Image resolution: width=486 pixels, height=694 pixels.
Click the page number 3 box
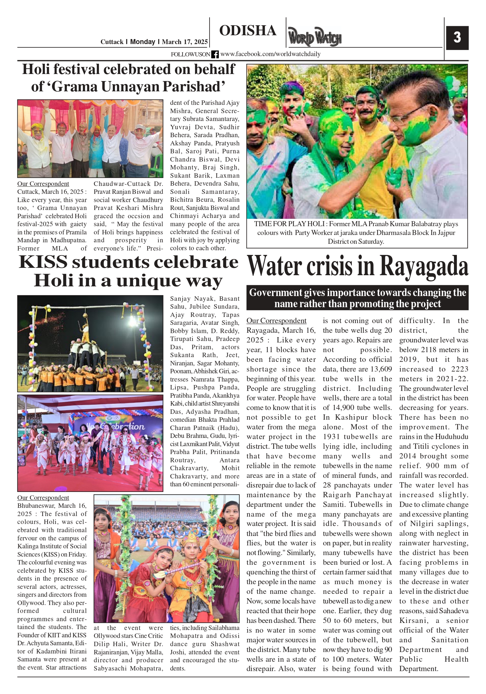coord(457,38)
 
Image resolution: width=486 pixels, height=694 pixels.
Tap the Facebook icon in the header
coord(215,54)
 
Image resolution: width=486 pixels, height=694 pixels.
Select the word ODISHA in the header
coord(248,31)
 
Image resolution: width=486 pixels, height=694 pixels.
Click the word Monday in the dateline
coord(143,42)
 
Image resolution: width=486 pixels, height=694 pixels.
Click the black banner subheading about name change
coord(357,298)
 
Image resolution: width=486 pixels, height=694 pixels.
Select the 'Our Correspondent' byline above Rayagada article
coord(276,321)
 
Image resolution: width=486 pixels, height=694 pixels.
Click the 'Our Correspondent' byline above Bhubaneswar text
coord(43,498)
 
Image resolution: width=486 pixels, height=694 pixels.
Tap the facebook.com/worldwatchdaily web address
coord(270,54)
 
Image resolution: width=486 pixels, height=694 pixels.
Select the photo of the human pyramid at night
coord(90,344)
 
